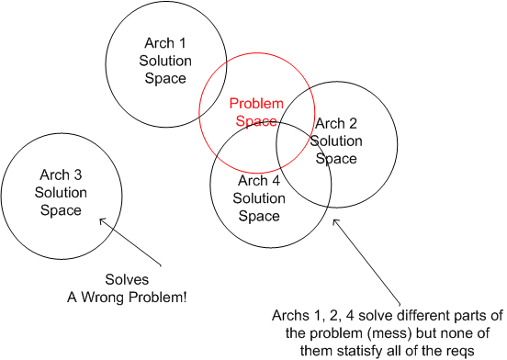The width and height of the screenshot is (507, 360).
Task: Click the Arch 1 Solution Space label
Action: tap(165, 61)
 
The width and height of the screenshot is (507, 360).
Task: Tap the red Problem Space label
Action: tap(256, 112)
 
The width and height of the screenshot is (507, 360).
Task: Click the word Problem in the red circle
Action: tap(256, 104)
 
